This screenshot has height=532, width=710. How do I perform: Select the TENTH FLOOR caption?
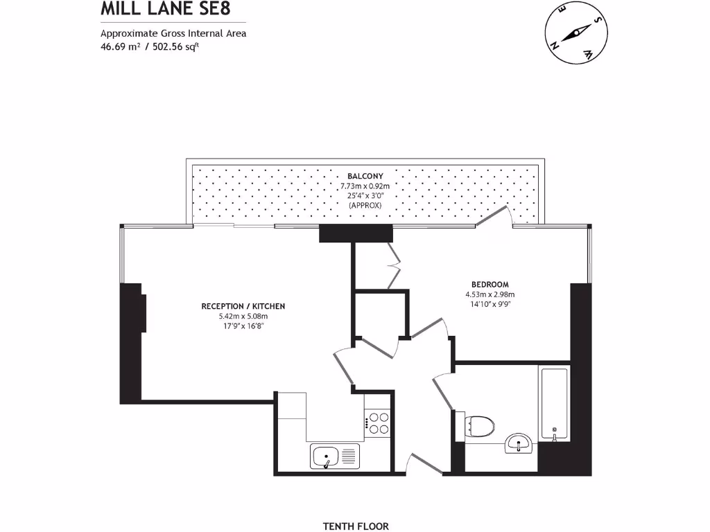361,526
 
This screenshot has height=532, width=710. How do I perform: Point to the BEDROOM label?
490,284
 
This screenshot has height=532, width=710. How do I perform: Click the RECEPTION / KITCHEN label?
243,305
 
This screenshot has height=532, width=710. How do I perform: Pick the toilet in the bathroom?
480,425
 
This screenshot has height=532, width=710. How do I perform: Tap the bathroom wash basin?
519,443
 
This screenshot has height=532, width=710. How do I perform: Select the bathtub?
553,405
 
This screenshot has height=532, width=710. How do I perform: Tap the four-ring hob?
377,423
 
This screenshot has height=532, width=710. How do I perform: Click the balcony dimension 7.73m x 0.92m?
365,186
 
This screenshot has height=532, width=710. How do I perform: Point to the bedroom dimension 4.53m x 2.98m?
490,294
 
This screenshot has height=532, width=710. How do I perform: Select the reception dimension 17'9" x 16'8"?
243,326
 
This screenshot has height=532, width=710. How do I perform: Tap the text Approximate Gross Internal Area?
173,33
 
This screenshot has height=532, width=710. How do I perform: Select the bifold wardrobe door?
395,266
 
